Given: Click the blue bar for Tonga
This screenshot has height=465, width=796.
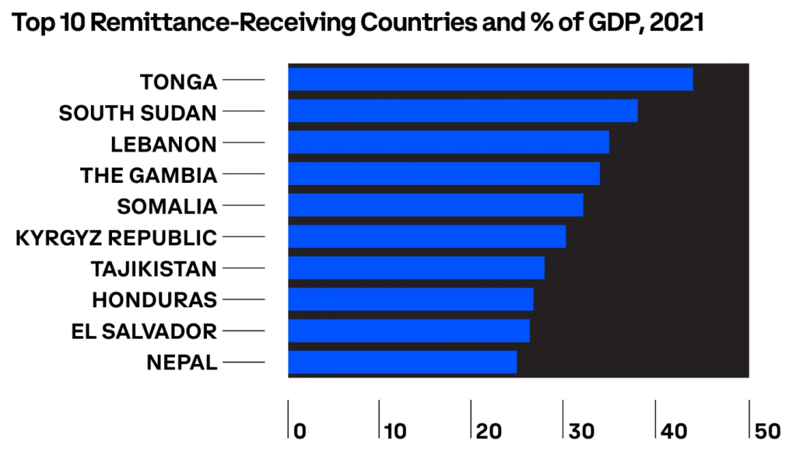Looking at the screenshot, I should point(490,79).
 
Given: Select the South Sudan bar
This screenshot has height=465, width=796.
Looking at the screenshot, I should point(463,111).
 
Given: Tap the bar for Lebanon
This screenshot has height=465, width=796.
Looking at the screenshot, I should point(448,142).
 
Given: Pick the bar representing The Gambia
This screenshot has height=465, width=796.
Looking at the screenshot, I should point(444,173).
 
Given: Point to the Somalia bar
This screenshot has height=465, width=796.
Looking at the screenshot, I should point(436,205).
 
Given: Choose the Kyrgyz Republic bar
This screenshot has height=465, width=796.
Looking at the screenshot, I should point(426,236).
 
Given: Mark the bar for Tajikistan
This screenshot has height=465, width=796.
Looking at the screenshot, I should point(416,267).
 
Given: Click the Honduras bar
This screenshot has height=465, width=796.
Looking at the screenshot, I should point(411,299).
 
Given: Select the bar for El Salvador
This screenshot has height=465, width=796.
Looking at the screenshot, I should point(409,330).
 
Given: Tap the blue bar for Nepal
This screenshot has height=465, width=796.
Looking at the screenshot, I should point(402,362).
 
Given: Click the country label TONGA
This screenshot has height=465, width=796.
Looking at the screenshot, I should point(178,81).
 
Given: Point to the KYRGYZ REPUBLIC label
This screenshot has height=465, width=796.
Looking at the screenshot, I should point(116,237).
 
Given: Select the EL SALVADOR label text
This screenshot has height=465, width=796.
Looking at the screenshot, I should point(143,331).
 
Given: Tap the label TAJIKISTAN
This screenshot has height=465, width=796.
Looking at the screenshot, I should point(153,269).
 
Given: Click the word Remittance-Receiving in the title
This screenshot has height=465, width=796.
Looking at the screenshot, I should point(223,23).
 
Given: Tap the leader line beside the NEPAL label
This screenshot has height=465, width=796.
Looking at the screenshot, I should point(244,362).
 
